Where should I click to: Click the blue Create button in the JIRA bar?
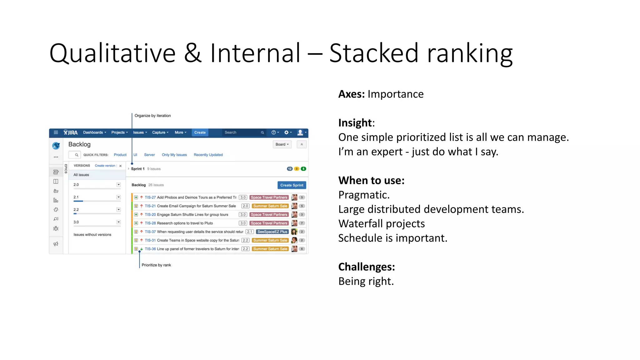[200, 132]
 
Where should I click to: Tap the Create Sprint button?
[292, 185]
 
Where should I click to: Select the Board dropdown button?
[282, 144]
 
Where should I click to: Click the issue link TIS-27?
[150, 197]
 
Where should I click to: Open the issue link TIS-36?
[150, 249]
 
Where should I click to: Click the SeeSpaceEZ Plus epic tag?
[272, 232]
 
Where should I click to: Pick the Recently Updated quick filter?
[208, 155]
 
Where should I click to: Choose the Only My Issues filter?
[174, 155]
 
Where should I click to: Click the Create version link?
[105, 166]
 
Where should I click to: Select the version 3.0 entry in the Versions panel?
[76, 222]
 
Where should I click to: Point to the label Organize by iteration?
[152, 116]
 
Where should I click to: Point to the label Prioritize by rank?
[156, 265]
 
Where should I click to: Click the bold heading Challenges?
[367, 267]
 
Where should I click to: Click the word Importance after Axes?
[395, 94]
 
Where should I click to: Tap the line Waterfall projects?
[381, 224]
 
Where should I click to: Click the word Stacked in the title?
[374, 53]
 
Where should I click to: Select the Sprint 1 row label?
[137, 169]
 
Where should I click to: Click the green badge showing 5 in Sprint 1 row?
[303, 169]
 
